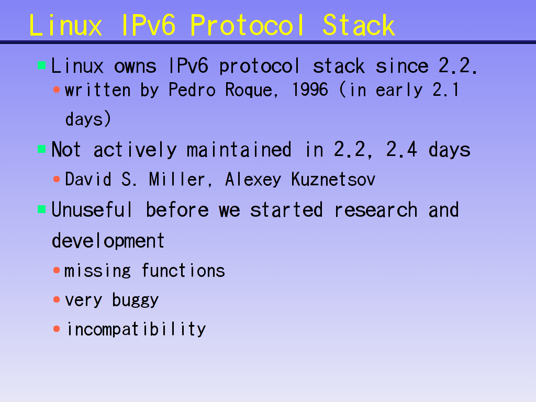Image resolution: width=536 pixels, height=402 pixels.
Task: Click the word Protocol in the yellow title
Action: [x=247, y=25]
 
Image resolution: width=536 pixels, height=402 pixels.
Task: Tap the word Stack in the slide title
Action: [x=359, y=25]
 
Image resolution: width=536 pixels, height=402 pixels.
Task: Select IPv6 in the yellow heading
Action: [x=149, y=25]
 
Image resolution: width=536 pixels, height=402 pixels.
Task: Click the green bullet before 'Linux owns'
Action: [x=42, y=65]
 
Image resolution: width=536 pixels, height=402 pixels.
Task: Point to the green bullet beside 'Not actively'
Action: [x=42, y=149]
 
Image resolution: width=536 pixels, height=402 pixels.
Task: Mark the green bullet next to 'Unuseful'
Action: [x=42, y=209]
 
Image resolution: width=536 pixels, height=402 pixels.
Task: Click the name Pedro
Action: [x=192, y=90]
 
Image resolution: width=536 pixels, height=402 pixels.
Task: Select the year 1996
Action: [x=310, y=90]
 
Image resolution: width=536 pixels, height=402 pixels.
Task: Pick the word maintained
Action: [x=239, y=150]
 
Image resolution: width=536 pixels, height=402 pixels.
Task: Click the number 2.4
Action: [x=401, y=149]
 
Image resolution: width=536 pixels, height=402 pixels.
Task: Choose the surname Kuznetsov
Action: [x=333, y=179]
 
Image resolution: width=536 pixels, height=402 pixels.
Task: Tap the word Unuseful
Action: [x=92, y=209]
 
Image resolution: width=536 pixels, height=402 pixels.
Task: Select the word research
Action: [x=376, y=209]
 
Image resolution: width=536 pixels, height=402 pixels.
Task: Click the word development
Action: [x=108, y=241]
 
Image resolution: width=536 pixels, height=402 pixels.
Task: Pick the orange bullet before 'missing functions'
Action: [x=57, y=271]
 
